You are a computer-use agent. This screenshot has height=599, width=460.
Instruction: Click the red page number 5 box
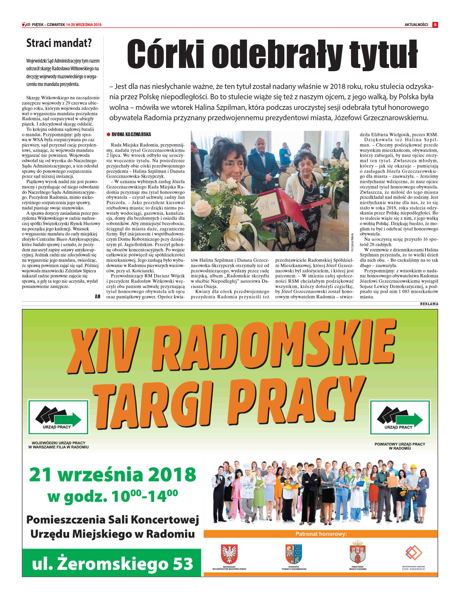click(x=435, y=25)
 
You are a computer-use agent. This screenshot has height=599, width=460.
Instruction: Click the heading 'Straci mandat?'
click(x=59, y=43)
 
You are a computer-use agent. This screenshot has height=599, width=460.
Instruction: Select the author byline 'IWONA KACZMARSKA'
click(x=131, y=134)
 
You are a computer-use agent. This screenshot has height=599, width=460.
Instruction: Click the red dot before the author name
click(x=108, y=134)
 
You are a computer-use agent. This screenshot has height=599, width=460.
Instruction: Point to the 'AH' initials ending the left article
click(x=97, y=296)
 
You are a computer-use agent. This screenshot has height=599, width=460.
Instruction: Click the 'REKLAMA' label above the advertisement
click(x=429, y=304)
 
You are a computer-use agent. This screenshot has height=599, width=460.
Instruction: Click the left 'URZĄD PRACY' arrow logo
click(x=58, y=417)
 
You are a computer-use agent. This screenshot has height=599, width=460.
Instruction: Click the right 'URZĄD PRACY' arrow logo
click(x=400, y=417)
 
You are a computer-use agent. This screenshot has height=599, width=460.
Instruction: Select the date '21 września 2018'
click(x=113, y=475)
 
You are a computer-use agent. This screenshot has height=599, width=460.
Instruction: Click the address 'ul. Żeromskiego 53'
click(x=112, y=564)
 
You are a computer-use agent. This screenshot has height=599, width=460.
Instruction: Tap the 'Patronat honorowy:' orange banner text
click(x=321, y=534)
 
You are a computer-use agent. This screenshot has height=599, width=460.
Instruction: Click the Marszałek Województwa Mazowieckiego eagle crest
click(x=229, y=554)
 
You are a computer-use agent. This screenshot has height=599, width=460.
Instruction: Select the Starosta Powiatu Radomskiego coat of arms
click(x=293, y=554)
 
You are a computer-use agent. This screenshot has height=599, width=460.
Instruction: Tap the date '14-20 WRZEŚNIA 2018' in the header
click(x=84, y=25)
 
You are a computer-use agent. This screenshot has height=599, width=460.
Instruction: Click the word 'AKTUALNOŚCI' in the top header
click(x=416, y=25)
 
